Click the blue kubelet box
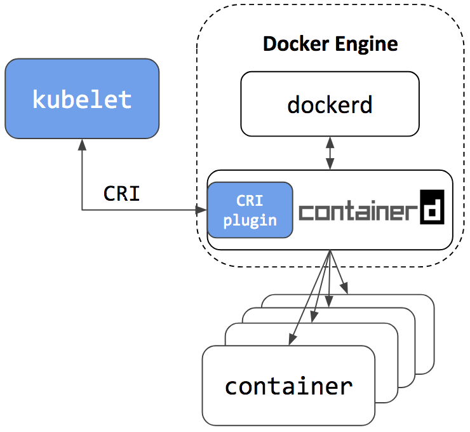pos(82,98)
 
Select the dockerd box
pos(330,104)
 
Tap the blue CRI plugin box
pos(250,210)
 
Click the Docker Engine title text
pos(330,44)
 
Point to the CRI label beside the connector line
pos(121,193)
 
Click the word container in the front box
pos(288,386)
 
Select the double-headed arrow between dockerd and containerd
pos(330,153)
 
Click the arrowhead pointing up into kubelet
pos(82,143)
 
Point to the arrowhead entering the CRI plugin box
pos(203,210)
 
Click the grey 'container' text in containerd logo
pos(358,211)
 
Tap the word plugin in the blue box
pos(250,220)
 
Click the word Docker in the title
pos(291,44)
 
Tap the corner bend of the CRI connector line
pos(82,210)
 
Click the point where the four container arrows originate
pos(330,252)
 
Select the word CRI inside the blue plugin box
pos(250,201)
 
